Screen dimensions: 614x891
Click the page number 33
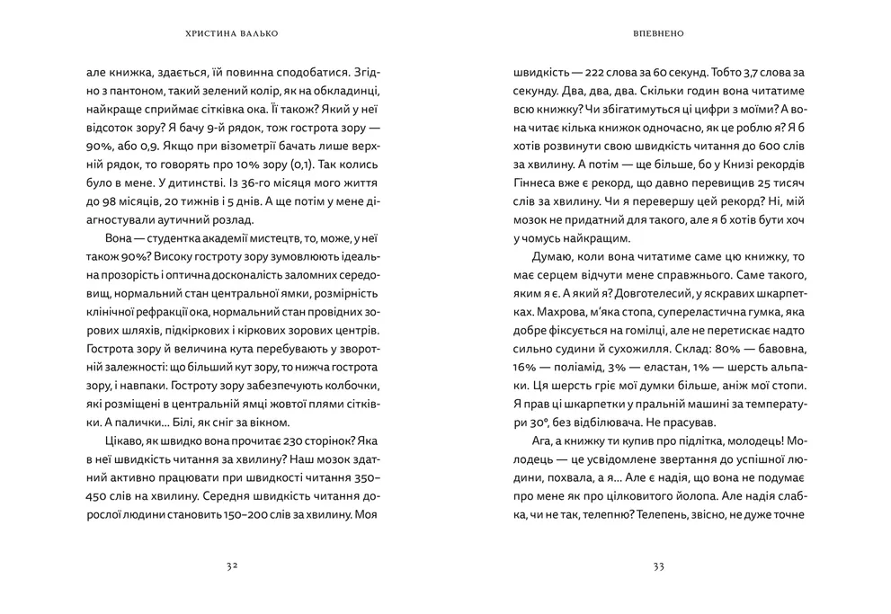[x=658, y=566]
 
